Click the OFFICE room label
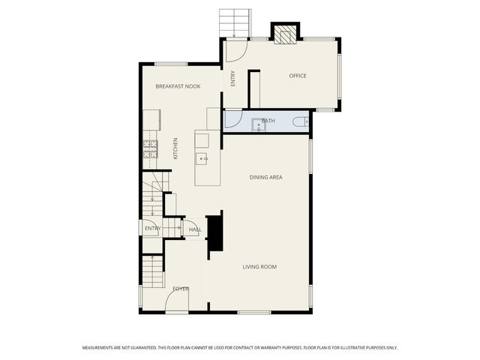click(298, 76)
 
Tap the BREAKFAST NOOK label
click(178, 86)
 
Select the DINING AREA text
click(265, 177)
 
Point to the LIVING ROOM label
click(259, 266)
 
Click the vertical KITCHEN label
click(176, 148)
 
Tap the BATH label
click(268, 120)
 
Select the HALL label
click(195, 229)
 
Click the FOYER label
click(181, 289)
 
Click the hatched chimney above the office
click(284, 35)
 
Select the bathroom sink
click(259, 124)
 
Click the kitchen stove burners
click(151, 147)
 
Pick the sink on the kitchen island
click(202, 158)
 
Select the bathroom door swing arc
click(232, 121)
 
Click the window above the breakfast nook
click(171, 64)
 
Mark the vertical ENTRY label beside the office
click(233, 78)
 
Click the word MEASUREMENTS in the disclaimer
click(101, 347)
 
